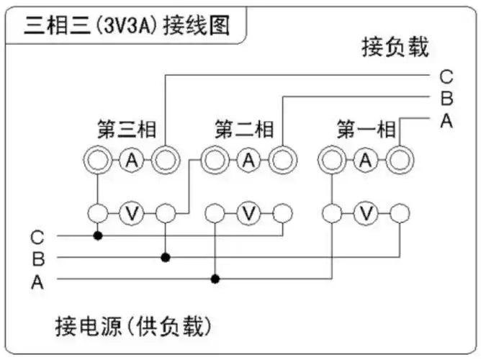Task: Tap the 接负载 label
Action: click(x=395, y=48)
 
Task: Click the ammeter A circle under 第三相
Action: click(x=131, y=160)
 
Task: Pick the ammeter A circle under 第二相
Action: click(x=248, y=160)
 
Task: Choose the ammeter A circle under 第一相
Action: click(x=367, y=160)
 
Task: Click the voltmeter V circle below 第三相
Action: click(x=131, y=213)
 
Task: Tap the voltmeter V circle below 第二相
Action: click(x=248, y=213)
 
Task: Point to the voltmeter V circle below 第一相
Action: click(x=367, y=213)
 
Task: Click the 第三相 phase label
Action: click(x=126, y=130)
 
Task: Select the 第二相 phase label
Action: click(x=244, y=130)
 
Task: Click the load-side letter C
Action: click(x=446, y=76)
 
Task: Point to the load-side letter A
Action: click(x=446, y=120)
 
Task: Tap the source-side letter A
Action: click(x=37, y=282)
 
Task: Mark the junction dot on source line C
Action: click(x=97, y=235)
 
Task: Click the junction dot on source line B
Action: click(x=166, y=256)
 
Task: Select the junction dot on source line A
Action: click(x=215, y=279)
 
